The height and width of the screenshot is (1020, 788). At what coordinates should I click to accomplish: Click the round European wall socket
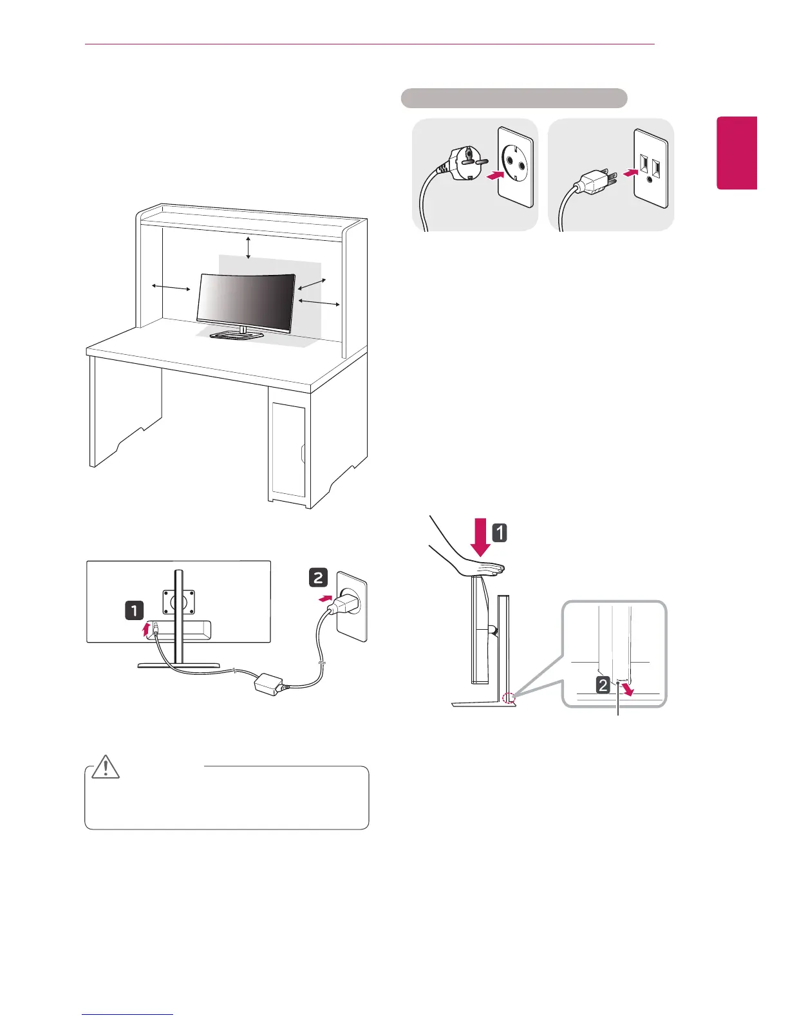pos(515,167)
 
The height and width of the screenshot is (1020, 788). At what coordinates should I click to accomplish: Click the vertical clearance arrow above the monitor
pos(249,247)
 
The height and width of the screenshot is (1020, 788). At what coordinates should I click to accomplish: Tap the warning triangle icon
pos(106,766)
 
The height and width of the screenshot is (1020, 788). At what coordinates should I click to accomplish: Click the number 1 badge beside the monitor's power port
pos(134,610)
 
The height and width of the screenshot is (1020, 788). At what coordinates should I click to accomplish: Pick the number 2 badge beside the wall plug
pos(318,578)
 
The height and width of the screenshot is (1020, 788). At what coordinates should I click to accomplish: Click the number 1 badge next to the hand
pos(500,533)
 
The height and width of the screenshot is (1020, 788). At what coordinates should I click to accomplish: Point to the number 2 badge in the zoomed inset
pos(603,684)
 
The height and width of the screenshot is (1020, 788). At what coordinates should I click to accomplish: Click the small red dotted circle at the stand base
pos(509,696)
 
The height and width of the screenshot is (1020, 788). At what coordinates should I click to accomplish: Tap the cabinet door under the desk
pos(288,449)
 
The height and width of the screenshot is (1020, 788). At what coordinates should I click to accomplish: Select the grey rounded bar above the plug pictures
pos(514,98)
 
